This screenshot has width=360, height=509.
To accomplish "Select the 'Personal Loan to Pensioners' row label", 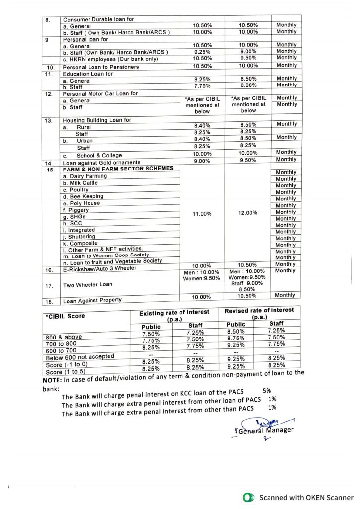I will [x=95, y=66].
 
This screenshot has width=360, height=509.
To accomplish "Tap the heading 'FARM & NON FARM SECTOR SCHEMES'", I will [x=118, y=169].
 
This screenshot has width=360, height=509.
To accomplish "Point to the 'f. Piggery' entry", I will [x=76, y=210].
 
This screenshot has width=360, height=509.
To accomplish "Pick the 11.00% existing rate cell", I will [x=202, y=214].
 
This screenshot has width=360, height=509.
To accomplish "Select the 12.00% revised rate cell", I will [x=248, y=213].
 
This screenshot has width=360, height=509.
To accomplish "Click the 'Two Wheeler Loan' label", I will [x=88, y=285].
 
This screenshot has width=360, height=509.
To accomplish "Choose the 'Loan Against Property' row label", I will [x=93, y=301].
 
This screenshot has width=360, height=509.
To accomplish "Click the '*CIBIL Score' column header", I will [x=65, y=316].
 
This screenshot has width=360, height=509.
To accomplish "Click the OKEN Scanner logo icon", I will [x=248, y=497].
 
